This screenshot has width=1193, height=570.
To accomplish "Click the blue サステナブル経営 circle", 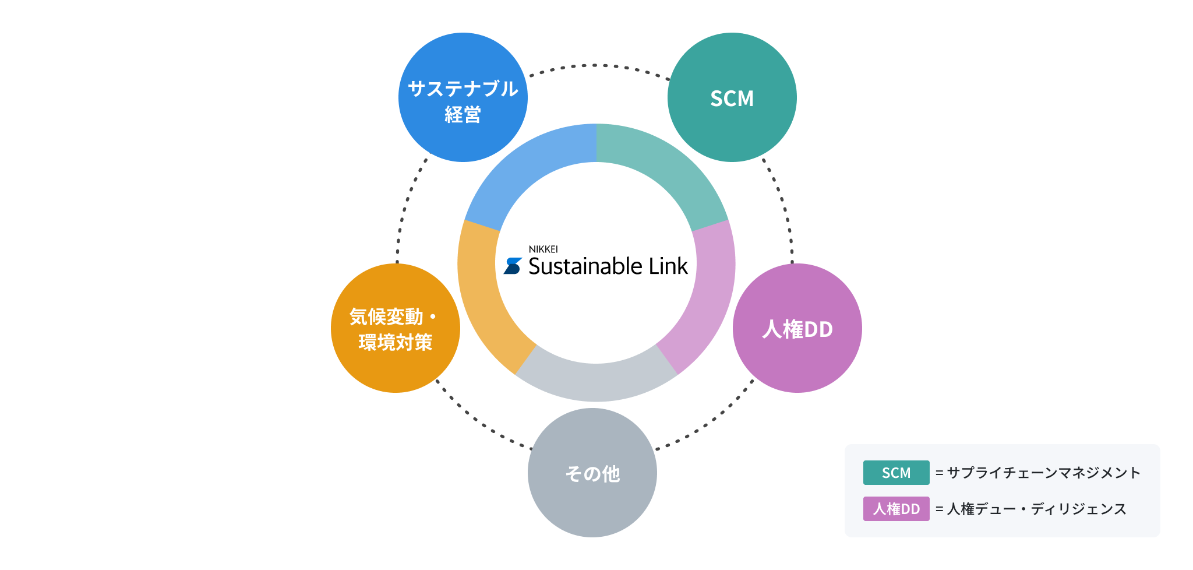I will [x=463, y=97].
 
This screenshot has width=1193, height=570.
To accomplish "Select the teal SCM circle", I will [x=732, y=97].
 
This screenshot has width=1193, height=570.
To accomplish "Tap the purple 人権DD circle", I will [x=797, y=328].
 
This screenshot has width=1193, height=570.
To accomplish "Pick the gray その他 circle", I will [x=592, y=473].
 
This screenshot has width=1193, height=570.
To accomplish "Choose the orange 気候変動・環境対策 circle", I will [x=396, y=328].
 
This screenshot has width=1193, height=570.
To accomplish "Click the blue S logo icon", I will [x=513, y=266].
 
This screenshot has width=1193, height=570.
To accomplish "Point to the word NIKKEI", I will [x=543, y=249].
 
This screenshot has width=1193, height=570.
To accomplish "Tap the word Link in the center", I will [x=668, y=266].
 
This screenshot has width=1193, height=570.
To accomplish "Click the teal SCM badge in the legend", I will [x=896, y=473].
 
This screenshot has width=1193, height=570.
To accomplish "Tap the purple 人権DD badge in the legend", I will [x=896, y=509].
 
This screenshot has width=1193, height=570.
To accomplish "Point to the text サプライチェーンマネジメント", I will [x=1043, y=473].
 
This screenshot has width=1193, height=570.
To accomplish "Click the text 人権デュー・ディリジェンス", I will [x=1036, y=509].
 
